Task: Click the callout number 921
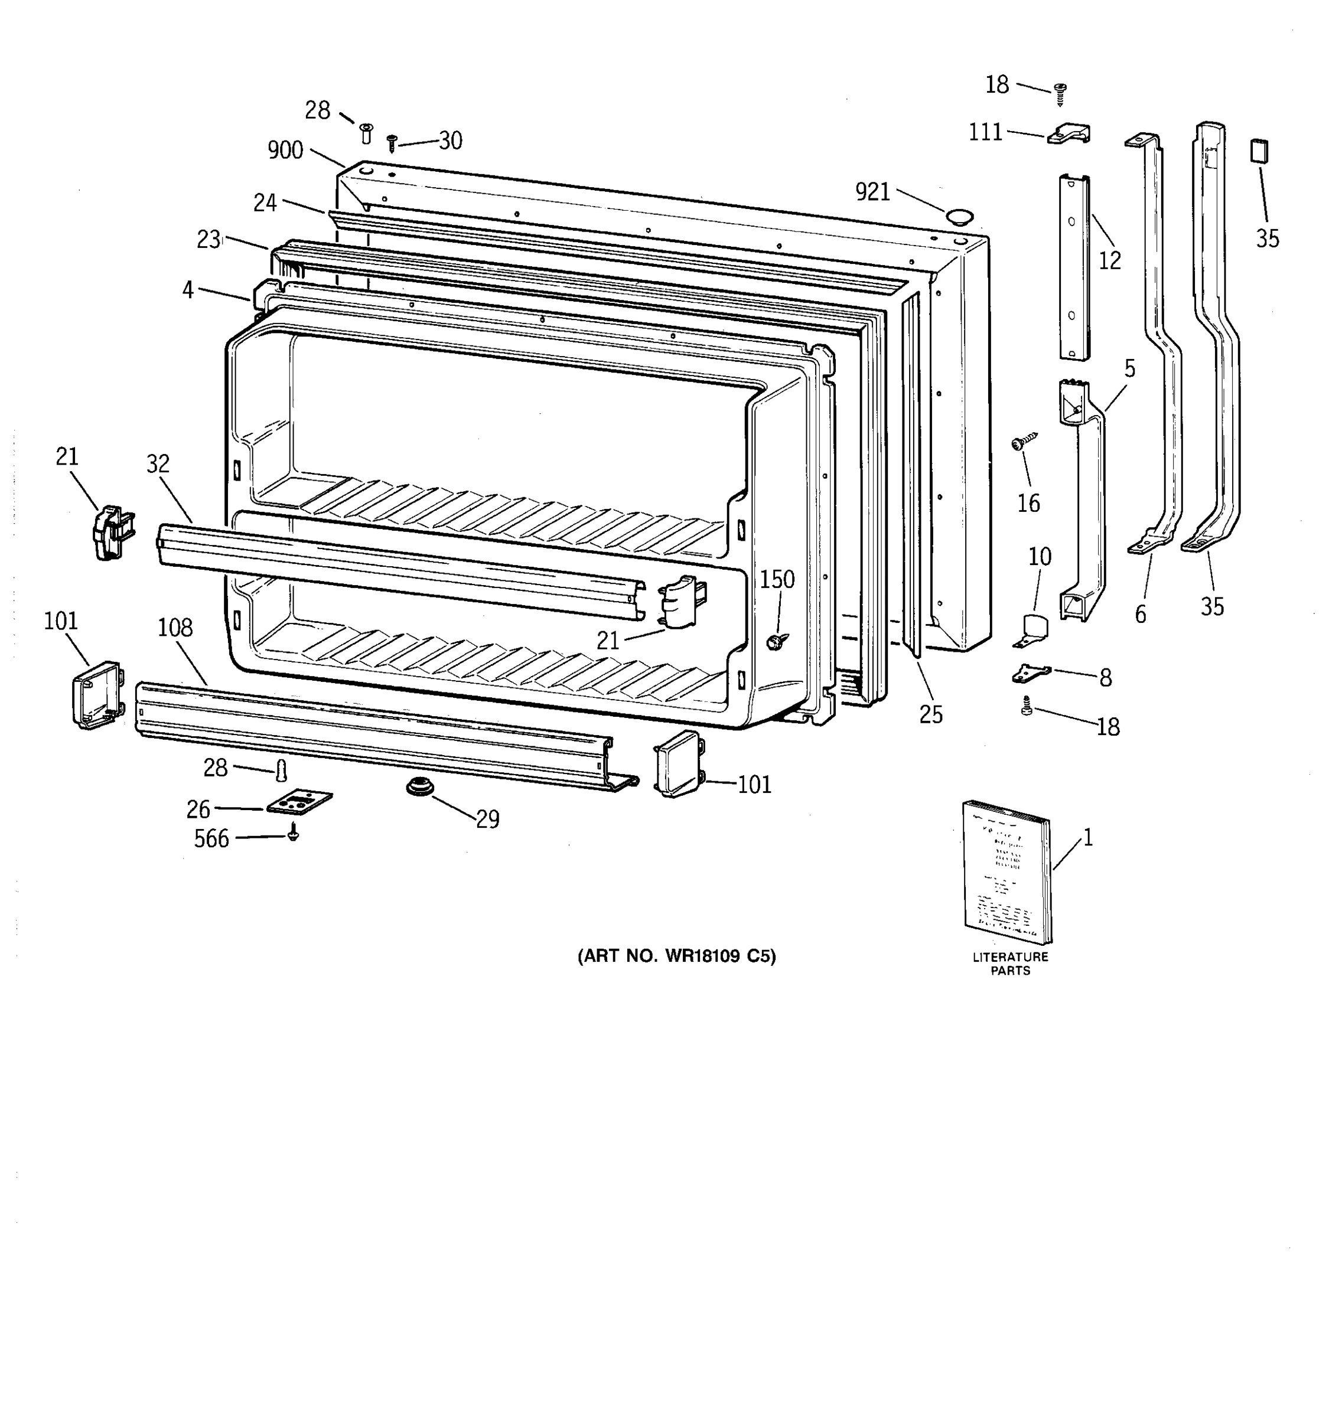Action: tap(872, 191)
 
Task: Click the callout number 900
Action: tap(285, 151)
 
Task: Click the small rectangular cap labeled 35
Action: tap(1259, 151)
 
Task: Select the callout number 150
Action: tap(777, 579)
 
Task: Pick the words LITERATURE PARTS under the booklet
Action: tap(1010, 964)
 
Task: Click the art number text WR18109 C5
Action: tap(677, 956)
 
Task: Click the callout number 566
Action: tap(212, 839)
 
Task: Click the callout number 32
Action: tap(158, 463)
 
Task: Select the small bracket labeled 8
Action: tap(1031, 672)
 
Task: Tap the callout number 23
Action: tap(208, 240)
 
